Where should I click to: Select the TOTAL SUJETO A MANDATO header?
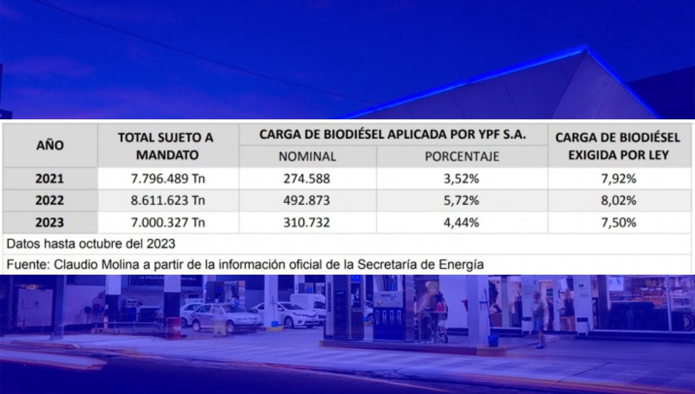click(x=166, y=146)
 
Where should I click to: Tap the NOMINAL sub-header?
click(x=307, y=156)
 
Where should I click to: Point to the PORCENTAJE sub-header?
click(x=462, y=156)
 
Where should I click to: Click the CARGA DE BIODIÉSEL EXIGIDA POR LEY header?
click(x=618, y=146)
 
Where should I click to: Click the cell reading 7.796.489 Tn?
click(x=167, y=179)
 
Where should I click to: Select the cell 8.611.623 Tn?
click(x=167, y=201)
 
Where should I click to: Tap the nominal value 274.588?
click(x=307, y=179)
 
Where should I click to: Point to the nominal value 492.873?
click(x=307, y=201)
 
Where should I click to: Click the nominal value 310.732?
click(x=307, y=222)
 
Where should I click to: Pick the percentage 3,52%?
click(x=462, y=179)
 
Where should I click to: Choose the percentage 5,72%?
click(x=462, y=201)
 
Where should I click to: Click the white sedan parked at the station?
click(x=286, y=314)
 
